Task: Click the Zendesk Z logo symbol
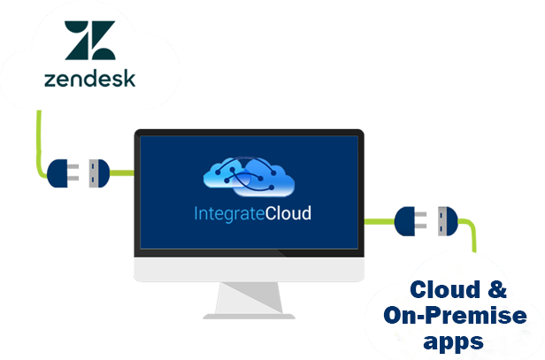(x=90, y=40)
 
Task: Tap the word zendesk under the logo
(x=89, y=79)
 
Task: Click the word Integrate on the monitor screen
(x=229, y=214)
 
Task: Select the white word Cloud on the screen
(x=288, y=213)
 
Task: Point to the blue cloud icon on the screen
(x=249, y=177)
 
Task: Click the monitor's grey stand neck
(x=249, y=298)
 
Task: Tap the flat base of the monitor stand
(x=249, y=317)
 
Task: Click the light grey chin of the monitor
(x=249, y=269)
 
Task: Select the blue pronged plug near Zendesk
(x=63, y=173)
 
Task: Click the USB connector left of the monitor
(x=99, y=173)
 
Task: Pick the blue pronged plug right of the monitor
(x=411, y=221)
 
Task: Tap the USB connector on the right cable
(x=448, y=221)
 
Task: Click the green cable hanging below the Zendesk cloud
(x=39, y=142)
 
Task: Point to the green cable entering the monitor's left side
(x=122, y=173)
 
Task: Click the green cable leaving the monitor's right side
(x=380, y=221)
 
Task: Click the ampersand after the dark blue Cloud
(x=497, y=289)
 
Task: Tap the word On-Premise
(x=455, y=315)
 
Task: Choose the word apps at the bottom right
(x=453, y=342)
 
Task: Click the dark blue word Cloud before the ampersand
(x=445, y=289)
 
